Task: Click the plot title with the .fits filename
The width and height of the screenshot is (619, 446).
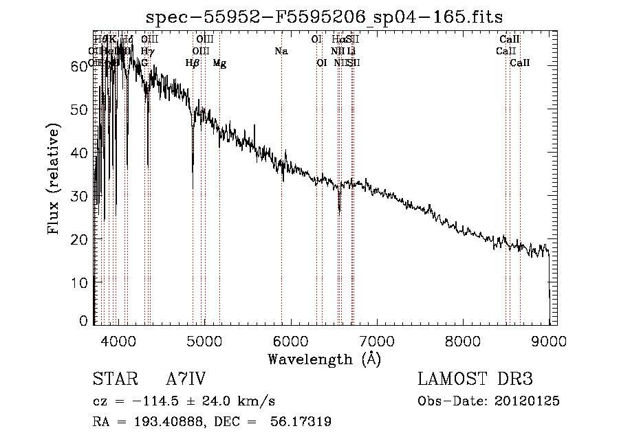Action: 325,18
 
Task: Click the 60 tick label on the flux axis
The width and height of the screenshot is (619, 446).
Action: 79,66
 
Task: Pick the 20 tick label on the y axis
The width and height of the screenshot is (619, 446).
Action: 79,239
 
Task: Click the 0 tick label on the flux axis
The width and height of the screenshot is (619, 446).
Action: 83,320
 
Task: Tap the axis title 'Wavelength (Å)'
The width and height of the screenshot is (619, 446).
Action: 324,359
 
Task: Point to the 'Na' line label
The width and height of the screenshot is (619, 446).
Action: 281,52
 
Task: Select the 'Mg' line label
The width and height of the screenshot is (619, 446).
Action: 219,63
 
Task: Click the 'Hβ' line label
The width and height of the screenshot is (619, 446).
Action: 193,63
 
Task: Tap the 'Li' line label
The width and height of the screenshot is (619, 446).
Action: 351,52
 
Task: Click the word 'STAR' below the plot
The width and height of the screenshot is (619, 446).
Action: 115,379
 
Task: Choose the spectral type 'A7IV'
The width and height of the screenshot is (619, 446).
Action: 186,379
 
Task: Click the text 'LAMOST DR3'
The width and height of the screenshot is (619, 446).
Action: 475,379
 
